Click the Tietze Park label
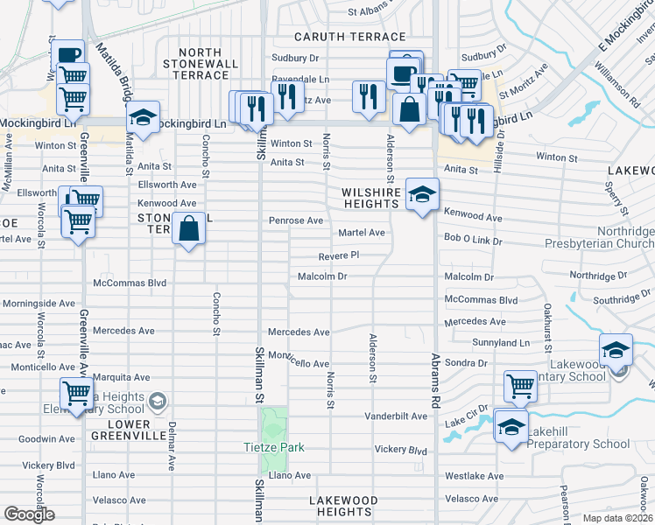[x=274, y=447]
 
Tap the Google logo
[x=29, y=514]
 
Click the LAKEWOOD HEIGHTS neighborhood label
[x=343, y=506]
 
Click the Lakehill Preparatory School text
[x=580, y=444]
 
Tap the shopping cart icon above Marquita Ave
[x=77, y=393]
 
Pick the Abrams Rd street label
[x=433, y=381]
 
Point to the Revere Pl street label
[x=338, y=255]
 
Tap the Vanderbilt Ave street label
[x=395, y=416]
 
